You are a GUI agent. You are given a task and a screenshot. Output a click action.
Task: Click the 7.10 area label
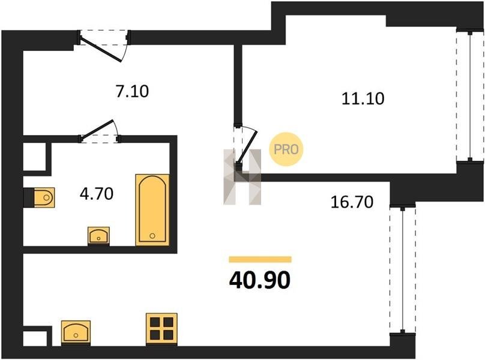coord(132,91)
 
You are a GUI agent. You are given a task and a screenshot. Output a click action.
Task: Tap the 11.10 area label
coord(363,98)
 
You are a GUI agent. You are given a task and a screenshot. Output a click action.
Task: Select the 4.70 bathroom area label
coord(97,194)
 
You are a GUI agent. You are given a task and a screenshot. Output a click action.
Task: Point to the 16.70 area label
coord(352,202)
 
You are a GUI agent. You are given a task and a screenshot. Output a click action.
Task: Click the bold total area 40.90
coord(260,280)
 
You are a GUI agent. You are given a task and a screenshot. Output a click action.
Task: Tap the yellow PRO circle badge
coord(286,149)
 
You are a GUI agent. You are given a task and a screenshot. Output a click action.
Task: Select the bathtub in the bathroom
coord(152,210)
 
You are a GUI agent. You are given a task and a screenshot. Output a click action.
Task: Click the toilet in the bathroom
coord(39,197)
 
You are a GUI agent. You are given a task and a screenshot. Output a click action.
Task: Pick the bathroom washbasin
coord(98,236)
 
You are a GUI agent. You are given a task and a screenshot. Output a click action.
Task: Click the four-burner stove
coord(161,329)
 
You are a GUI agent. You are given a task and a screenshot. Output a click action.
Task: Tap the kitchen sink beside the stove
coord(76,333)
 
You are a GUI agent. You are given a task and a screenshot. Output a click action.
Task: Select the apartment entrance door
coord(104,46)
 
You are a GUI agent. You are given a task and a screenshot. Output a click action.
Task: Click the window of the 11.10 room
coord(470,96)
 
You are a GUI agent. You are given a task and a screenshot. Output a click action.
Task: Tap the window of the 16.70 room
coord(402,269)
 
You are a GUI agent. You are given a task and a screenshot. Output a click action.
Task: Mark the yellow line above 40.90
coord(260,259)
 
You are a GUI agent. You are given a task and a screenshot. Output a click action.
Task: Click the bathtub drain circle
coord(152,236)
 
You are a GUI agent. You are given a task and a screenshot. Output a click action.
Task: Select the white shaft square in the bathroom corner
coord(35,157)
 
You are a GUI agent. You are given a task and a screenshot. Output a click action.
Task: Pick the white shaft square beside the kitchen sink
coord(35,338)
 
